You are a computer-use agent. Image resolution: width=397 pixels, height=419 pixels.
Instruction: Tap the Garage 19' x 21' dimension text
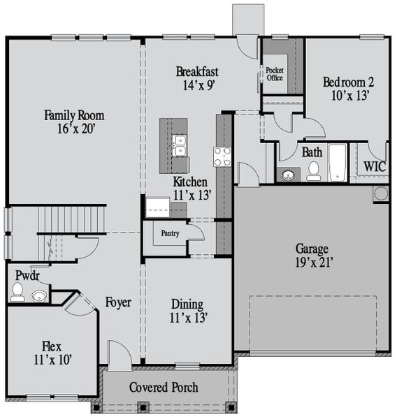click(312, 263)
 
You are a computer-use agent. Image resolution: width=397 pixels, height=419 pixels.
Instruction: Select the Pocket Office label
click(275, 73)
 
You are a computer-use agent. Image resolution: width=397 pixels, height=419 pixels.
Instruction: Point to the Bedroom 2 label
click(346, 82)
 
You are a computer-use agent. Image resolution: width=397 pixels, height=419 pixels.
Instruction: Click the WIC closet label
click(374, 167)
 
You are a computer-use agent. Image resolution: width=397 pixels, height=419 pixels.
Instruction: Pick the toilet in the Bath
click(313, 170)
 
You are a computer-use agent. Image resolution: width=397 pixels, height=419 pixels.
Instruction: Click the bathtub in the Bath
click(338, 163)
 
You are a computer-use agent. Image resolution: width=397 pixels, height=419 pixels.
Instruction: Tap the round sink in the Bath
click(287, 175)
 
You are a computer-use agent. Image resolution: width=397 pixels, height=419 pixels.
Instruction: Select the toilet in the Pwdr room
click(17, 293)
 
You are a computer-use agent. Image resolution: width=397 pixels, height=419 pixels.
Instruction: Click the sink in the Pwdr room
click(39, 297)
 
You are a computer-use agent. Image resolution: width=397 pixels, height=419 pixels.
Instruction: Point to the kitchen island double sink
click(180, 145)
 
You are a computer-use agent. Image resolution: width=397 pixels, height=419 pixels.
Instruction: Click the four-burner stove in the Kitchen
click(222, 156)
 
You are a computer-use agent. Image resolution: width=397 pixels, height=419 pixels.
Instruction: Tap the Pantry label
click(171, 233)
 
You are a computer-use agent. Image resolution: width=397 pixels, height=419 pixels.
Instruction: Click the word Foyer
click(118, 302)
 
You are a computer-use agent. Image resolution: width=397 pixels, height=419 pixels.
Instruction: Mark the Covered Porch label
click(164, 388)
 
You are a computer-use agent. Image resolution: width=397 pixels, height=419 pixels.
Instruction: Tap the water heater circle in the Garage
click(382, 193)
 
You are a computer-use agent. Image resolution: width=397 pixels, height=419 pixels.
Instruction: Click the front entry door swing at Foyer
click(119, 355)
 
